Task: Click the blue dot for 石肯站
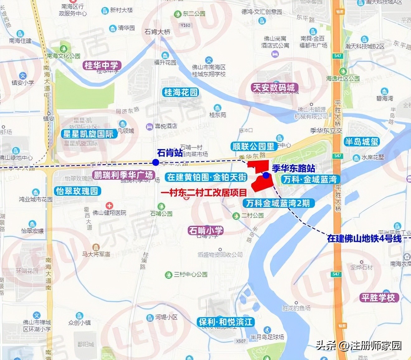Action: pyautogui.click(x=156, y=162)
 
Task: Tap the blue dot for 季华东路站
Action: pyautogui.click(x=266, y=175)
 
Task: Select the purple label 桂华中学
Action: pyautogui.click(x=102, y=65)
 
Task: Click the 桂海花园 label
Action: pyautogui.click(x=181, y=92)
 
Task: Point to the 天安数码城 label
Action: pyautogui.click(x=274, y=88)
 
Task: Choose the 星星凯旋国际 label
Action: pyautogui.click(x=88, y=134)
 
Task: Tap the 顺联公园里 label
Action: pyautogui.click(x=253, y=146)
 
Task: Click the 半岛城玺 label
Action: pyautogui.click(x=361, y=142)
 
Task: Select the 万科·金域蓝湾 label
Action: pyautogui.click(x=310, y=179)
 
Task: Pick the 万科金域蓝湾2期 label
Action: pyautogui.click(x=278, y=203)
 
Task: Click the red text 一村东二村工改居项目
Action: pyautogui.click(x=204, y=193)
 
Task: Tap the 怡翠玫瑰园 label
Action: pyautogui.click(x=77, y=191)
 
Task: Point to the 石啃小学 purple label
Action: pyautogui.click(x=206, y=230)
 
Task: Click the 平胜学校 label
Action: pyautogui.click(x=378, y=297)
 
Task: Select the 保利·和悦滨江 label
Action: pyautogui.click(x=226, y=322)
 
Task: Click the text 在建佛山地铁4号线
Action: pyautogui.click(x=364, y=239)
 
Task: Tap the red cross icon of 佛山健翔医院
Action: pyautogui.click(x=109, y=206)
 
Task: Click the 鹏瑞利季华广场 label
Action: pyautogui.click(x=123, y=175)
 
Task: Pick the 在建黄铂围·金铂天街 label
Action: pyautogui.click(x=207, y=177)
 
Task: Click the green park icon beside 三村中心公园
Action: pyautogui.click(x=168, y=275)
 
